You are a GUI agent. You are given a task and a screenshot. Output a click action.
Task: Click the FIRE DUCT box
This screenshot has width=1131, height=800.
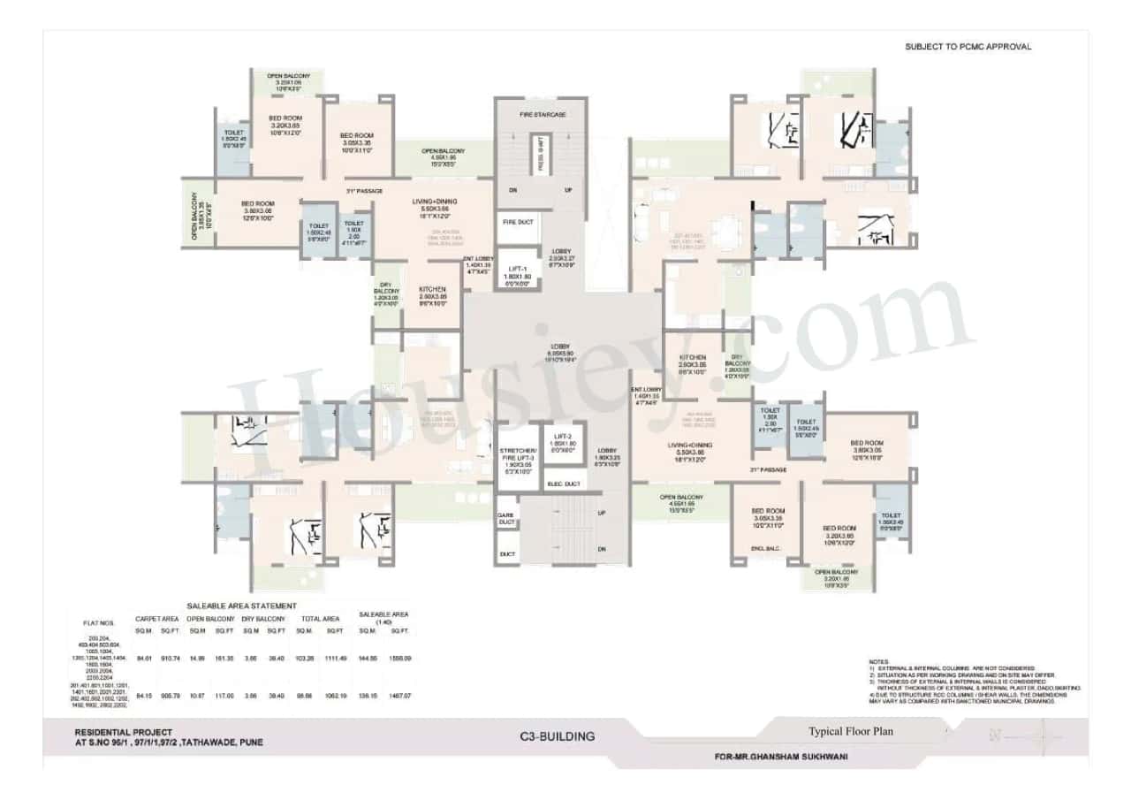pyautogui.click(x=516, y=223)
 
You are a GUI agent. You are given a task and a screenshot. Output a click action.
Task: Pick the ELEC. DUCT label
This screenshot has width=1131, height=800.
pyautogui.click(x=563, y=484)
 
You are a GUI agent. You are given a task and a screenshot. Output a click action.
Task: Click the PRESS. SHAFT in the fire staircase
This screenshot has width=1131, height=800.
pyautogui.click(x=540, y=156)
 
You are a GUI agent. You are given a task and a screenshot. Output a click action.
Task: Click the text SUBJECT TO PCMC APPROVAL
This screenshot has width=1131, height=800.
pyautogui.click(x=968, y=47)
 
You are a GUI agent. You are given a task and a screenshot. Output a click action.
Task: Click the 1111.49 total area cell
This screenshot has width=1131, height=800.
pyautogui.click(x=335, y=659)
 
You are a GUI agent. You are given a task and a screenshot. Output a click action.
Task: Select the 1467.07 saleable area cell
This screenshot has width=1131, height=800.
pyautogui.click(x=400, y=696)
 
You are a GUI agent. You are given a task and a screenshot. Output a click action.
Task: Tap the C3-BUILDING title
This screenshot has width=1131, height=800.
pyautogui.click(x=558, y=736)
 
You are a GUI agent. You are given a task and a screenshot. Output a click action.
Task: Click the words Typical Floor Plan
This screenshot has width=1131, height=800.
pyautogui.click(x=850, y=731)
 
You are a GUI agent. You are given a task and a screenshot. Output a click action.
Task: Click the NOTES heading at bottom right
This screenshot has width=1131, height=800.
pyautogui.click(x=878, y=661)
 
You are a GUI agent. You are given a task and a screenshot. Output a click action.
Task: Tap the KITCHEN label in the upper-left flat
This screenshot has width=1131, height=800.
pyautogui.click(x=433, y=290)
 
